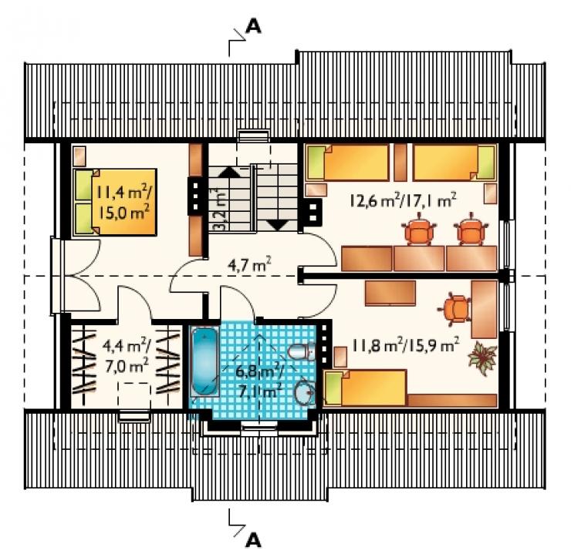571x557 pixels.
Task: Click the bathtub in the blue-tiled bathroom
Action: coord(204,362)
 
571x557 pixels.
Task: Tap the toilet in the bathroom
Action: coord(302,351)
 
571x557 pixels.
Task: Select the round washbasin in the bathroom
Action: coord(305,392)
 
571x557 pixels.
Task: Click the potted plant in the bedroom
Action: coord(482,359)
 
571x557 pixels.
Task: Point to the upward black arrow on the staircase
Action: coord(228,172)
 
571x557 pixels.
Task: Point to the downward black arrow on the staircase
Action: coord(278,225)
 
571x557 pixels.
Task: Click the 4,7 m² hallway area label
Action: coord(249,265)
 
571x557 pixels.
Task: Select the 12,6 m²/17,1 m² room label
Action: coord(403,200)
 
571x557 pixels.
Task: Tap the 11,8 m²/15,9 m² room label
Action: coord(405,344)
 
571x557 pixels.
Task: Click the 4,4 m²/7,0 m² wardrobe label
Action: coord(127,355)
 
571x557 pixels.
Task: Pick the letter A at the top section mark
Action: coord(253,26)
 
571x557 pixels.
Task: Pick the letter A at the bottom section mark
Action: coord(253,540)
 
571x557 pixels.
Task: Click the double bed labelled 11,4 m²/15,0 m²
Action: coord(115,202)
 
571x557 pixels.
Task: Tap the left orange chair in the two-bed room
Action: coord(419,229)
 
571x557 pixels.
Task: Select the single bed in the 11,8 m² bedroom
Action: coord(365,388)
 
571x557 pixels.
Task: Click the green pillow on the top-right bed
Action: coord(487,162)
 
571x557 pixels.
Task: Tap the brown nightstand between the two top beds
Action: coord(400,162)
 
